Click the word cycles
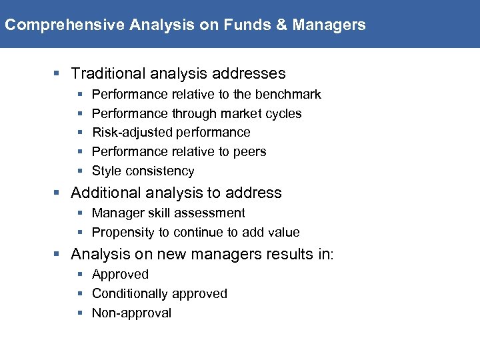[x=284, y=114]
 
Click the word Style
[x=106, y=171]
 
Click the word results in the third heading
[x=285, y=255]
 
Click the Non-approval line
[x=131, y=313]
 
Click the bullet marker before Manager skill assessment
[x=80, y=213]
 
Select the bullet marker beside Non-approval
[x=80, y=313]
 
